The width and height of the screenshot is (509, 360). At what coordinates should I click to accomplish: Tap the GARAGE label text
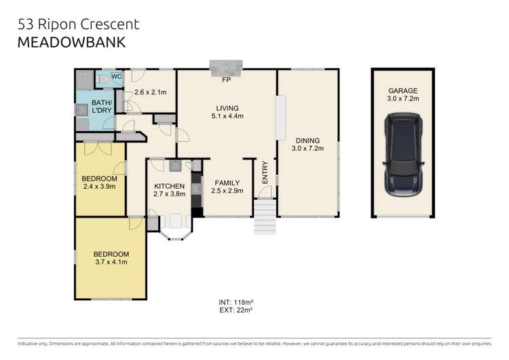tap(402, 90)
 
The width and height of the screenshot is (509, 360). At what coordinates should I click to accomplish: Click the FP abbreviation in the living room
tap(226, 81)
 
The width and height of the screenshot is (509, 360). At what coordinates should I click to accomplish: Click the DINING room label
tap(305, 141)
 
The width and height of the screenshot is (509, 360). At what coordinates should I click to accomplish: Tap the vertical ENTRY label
tap(265, 174)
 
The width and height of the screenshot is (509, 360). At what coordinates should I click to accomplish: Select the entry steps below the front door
tap(265, 217)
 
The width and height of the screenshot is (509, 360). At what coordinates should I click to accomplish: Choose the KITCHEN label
tap(169, 185)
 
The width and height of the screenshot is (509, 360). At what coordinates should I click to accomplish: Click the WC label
tap(115, 77)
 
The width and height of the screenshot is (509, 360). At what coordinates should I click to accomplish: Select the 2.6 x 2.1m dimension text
tap(151, 93)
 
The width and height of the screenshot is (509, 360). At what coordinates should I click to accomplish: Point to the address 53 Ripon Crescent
tap(79, 24)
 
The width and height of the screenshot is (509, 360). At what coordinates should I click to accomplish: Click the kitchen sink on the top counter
tap(174, 164)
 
